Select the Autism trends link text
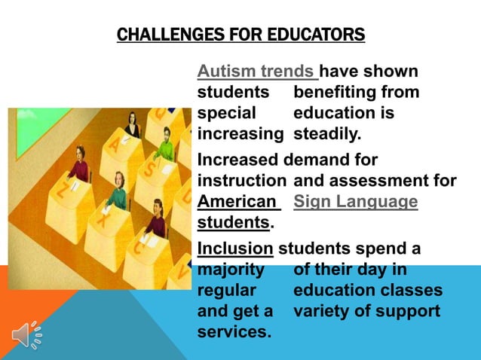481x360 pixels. [256, 72]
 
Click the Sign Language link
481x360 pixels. [355, 202]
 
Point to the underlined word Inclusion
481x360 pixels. [234, 248]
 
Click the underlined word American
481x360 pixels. [236, 202]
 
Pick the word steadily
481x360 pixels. [328, 136]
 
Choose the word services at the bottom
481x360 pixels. [234, 331]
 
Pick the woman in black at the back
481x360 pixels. [133, 124]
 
